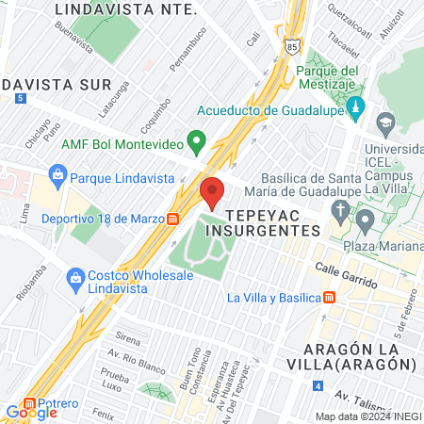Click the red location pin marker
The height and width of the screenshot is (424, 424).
211,192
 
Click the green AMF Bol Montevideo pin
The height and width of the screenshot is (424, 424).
197,143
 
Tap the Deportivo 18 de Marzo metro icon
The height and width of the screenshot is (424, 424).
173,219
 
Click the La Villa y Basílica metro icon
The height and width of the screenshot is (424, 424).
328,298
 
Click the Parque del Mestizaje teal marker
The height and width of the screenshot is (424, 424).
354,109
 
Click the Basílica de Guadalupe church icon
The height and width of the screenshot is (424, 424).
365,222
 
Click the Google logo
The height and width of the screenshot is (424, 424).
31,412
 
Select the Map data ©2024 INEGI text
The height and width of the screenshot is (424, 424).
367,416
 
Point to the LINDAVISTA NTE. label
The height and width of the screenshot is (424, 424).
126,9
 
